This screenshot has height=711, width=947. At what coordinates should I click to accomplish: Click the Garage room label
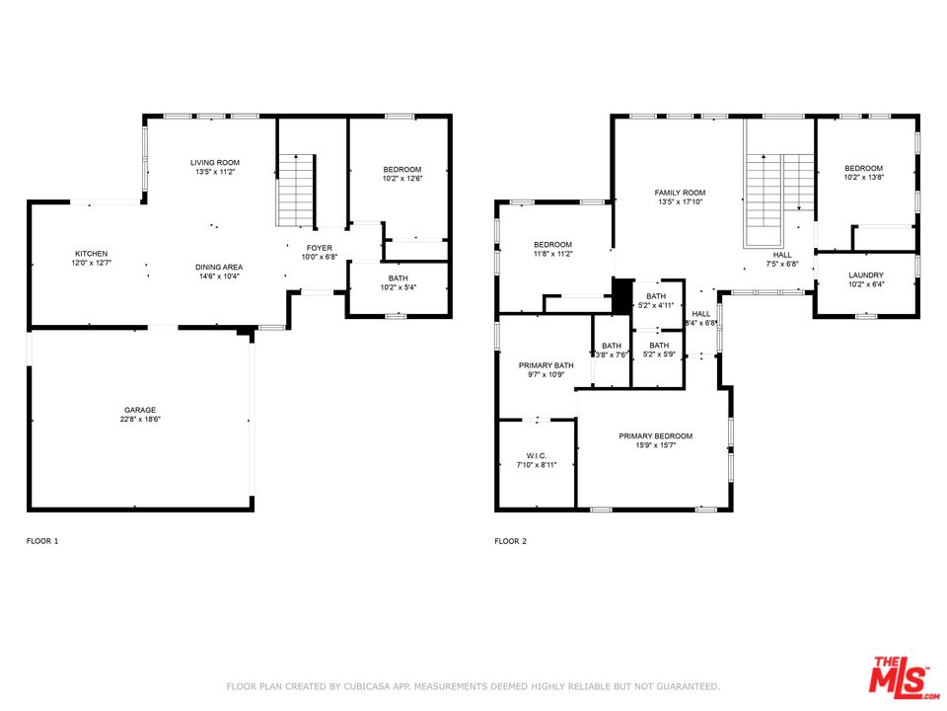coord(140,410)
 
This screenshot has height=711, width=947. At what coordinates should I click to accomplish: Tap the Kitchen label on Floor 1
coord(91,254)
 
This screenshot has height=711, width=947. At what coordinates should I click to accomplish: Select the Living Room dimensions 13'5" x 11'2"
coord(215,172)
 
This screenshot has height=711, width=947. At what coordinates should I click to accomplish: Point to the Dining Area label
coord(219,267)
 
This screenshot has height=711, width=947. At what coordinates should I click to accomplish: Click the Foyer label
coord(320,248)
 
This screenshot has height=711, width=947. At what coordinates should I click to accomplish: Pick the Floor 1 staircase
coord(297,190)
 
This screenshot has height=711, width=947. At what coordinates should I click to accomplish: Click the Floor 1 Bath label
coord(398,278)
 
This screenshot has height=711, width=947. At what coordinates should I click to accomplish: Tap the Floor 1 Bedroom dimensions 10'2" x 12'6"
coord(402,179)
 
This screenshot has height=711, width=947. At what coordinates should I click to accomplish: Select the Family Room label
coord(680,193)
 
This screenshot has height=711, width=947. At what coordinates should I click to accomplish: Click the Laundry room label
coord(866,276)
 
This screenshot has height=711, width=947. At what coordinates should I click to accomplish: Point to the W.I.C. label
coord(537,456)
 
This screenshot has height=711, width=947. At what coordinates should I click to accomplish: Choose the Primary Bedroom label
coord(655,435)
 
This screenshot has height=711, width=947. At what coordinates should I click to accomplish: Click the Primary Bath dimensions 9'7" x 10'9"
coord(546,375)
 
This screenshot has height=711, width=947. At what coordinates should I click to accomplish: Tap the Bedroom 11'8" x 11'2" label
coord(552,245)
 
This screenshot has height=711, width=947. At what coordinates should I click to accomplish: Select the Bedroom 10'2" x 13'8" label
coord(864,168)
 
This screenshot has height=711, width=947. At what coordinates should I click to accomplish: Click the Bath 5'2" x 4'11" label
coord(656,296)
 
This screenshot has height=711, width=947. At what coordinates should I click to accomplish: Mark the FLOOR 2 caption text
coord(510,541)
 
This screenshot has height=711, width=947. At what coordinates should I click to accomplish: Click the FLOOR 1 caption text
coord(42,541)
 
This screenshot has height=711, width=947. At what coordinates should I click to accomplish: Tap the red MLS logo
coord(903,676)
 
